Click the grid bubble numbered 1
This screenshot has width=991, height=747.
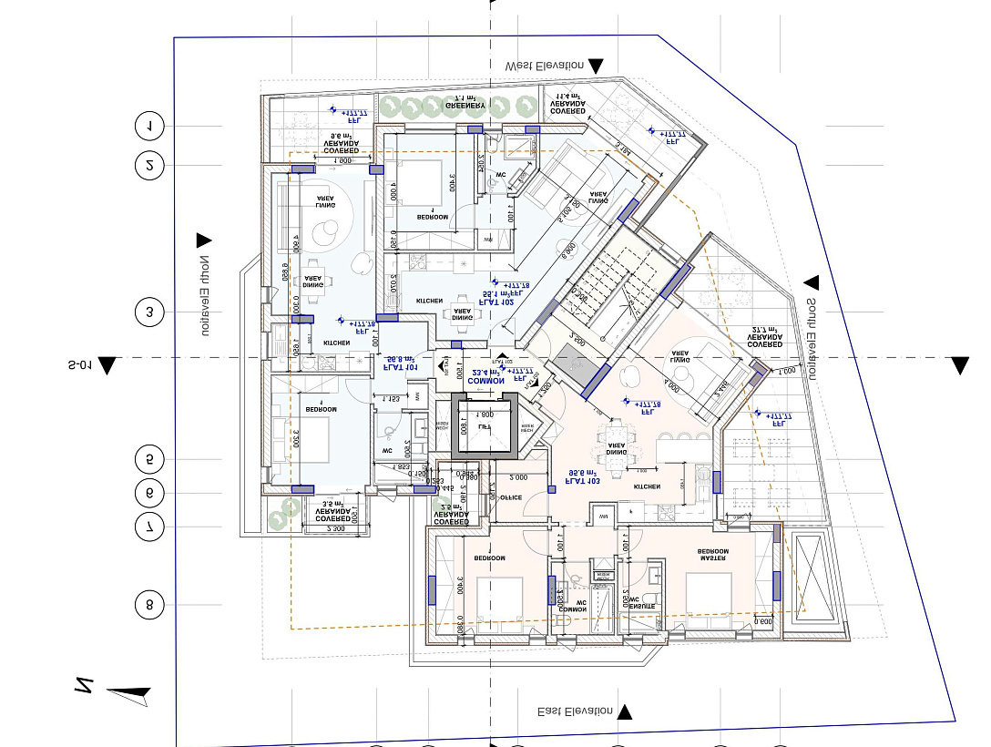148,125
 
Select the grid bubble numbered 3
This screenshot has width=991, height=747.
148,312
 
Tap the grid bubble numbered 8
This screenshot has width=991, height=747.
148,604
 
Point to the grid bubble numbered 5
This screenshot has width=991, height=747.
148,458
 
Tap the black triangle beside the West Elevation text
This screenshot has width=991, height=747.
596,66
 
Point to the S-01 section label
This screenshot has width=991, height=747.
80,365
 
